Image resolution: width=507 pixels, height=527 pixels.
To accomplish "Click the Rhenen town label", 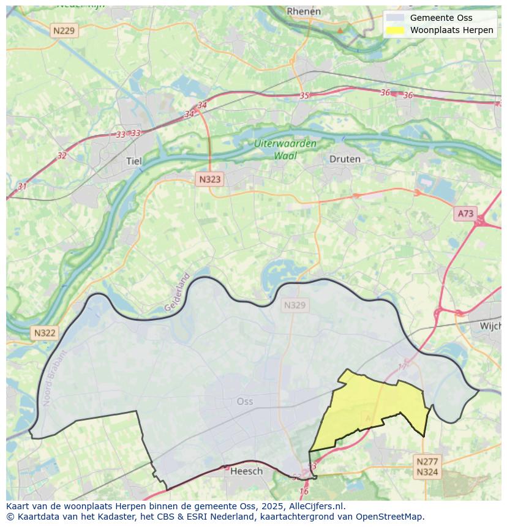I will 304,11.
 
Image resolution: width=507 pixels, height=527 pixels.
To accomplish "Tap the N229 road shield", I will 64,31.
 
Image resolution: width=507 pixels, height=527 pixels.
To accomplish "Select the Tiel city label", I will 133,161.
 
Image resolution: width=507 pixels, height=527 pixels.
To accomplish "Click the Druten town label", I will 345,159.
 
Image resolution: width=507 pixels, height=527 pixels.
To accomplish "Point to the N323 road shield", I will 209,179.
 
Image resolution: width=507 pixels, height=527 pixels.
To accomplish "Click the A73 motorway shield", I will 465,213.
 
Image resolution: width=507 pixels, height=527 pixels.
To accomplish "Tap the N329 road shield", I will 295,305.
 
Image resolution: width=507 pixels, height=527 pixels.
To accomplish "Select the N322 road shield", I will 45,333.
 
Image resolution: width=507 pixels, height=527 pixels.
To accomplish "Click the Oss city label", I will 244,402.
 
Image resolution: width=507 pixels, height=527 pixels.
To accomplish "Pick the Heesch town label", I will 246,471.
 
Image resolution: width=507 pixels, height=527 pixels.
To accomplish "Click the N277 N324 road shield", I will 427,466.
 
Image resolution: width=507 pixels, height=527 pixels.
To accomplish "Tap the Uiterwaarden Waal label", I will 286,150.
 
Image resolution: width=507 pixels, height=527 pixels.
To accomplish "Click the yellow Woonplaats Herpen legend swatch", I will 396,30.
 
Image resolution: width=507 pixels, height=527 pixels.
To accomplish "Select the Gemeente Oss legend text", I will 441,18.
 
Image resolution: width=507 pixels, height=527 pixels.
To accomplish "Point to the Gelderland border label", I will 177,293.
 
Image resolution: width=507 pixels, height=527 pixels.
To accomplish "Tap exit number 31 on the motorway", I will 23,186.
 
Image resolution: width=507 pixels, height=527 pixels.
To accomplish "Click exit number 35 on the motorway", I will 304,95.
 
